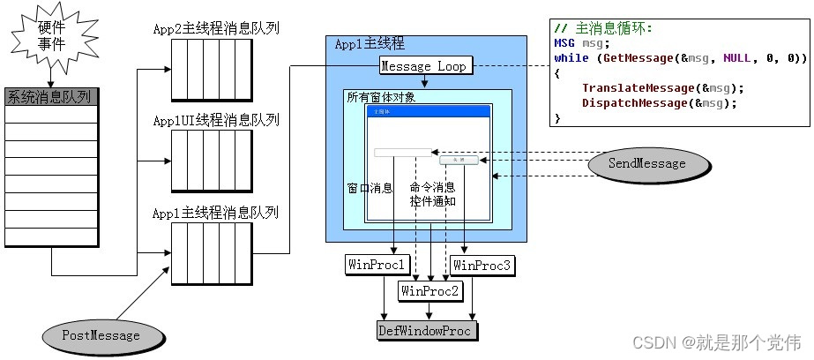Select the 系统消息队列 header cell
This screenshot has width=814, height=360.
tap(51, 96)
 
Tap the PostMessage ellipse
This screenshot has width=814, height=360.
tap(102, 335)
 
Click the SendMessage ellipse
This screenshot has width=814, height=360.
tap(647, 163)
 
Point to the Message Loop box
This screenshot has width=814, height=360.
tap(426, 65)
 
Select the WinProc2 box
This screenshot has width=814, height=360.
tap(429, 289)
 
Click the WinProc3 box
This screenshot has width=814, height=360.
tap(480, 264)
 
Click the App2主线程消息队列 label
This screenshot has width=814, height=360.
tap(216, 28)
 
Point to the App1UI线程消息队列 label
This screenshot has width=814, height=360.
tap(216, 120)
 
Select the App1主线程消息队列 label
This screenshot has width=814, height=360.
tap(216, 213)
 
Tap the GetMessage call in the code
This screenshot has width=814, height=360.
tap(641, 58)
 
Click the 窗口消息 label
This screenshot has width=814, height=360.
tap(371, 188)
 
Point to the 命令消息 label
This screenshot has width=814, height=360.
tap(432, 187)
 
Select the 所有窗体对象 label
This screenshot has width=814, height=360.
tap(380, 97)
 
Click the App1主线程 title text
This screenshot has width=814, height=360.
tap(369, 44)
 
